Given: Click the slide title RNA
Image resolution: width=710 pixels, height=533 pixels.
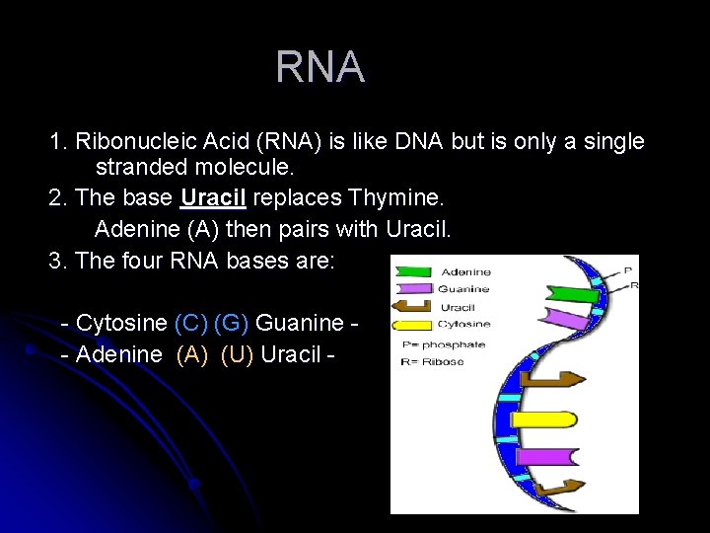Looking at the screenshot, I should (x=319, y=67).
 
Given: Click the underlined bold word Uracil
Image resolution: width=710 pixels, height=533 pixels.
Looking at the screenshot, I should (x=213, y=198).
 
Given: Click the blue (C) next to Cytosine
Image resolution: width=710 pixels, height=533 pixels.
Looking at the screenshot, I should (x=190, y=323).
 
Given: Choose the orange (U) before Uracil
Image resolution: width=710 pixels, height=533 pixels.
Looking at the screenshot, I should (x=237, y=354).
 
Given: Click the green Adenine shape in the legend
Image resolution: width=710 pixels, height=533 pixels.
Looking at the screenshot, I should (x=413, y=272).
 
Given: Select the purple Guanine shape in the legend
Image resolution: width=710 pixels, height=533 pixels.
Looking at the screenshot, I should (x=413, y=289).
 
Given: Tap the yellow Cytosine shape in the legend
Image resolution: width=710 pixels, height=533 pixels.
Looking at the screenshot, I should (x=413, y=324).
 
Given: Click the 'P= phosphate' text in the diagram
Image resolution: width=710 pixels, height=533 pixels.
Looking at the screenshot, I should (x=444, y=344).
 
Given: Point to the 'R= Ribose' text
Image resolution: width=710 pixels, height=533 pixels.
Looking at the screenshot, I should (x=434, y=362).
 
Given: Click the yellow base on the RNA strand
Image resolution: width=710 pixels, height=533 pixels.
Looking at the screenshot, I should (x=542, y=419).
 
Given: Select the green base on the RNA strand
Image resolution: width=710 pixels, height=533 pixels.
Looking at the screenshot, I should (x=571, y=293).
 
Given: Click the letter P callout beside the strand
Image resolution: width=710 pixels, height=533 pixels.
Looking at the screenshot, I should (x=628, y=268).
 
